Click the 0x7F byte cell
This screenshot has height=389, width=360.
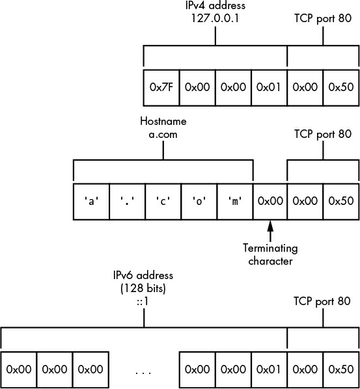pos(161,88)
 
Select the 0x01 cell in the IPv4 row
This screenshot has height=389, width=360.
pos(269,88)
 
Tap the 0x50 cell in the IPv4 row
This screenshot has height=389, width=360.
pos(341,88)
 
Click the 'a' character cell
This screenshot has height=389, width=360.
pos(91,202)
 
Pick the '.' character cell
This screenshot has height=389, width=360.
pos(127,202)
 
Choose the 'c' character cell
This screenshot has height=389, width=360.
pos(163,202)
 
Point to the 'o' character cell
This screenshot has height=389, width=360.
pos(199,202)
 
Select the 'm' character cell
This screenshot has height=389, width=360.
pos(235,202)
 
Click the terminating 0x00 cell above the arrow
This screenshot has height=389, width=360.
pos(270,202)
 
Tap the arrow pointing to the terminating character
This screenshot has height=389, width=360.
pos(270,231)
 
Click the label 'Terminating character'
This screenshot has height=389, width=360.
pos(270,254)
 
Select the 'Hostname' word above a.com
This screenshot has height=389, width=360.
pos(163,121)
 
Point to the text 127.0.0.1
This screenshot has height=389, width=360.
pos(215,18)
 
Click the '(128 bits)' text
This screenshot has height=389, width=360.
pos(143,288)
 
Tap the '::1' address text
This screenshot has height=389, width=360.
pos(143,301)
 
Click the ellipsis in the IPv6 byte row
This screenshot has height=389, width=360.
pos(143,372)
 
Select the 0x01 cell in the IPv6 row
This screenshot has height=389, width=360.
pos(269,369)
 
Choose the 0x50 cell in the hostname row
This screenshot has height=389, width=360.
pos(341,202)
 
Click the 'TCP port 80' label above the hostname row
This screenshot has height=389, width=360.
pos(323,134)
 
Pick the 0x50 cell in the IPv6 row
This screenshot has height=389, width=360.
pos(341,369)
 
